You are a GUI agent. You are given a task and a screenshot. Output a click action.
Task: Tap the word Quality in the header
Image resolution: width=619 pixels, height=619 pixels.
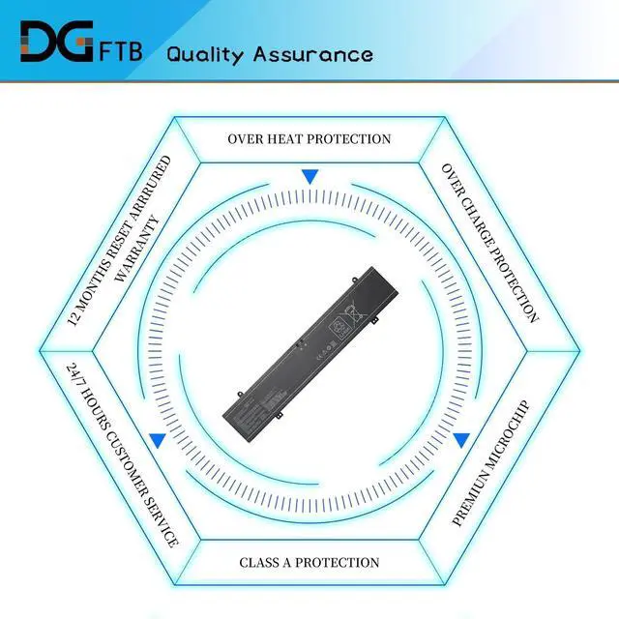206,54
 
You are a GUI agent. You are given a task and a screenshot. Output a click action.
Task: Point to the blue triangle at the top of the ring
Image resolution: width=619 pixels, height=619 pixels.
309,177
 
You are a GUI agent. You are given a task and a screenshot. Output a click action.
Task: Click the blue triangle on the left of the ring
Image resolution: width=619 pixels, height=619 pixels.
158,440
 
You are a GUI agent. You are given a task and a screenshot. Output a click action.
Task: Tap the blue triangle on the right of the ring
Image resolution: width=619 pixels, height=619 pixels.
461,440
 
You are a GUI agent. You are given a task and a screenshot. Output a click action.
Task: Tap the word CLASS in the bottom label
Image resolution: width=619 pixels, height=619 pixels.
261,562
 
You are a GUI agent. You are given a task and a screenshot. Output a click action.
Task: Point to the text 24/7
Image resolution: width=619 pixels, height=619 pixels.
74,372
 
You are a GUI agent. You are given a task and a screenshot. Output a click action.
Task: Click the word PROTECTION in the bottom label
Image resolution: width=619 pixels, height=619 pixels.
338,562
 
